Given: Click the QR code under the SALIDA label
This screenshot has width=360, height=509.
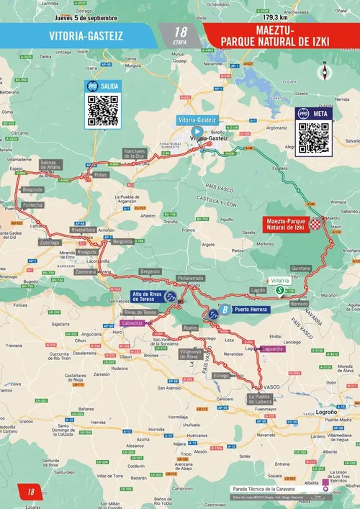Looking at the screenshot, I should [102, 109].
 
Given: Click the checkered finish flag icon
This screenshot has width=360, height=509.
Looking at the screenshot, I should [315, 225].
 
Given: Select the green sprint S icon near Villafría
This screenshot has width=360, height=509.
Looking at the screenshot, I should [279, 290].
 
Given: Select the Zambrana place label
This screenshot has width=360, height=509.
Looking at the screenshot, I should [85, 273].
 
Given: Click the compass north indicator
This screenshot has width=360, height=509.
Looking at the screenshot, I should [325, 72].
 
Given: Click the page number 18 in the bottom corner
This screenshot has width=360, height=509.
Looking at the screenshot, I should [30, 492].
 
